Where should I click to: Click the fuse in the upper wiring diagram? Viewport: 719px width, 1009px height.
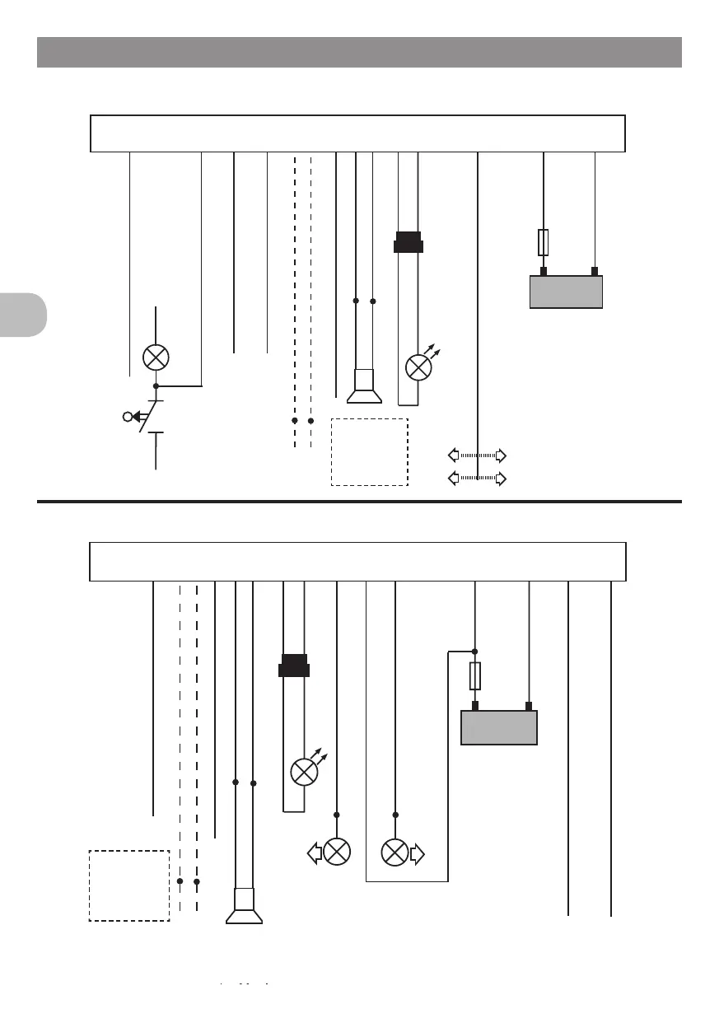pyautogui.click(x=544, y=242)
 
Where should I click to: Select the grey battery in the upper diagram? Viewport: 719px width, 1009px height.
pyautogui.click(x=566, y=292)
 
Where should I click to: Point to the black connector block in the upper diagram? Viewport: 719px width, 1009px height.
pyautogui.click(x=409, y=243)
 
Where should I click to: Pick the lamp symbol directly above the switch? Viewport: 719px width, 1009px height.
pyautogui.click(x=156, y=357)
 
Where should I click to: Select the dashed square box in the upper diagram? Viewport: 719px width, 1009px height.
pyautogui.click(x=370, y=451)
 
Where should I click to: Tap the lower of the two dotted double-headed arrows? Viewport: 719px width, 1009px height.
pyautogui.click(x=477, y=478)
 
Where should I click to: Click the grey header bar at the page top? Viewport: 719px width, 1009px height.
pyautogui.click(x=359, y=52)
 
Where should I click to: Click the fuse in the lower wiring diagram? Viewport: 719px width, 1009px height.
pyautogui.click(x=475, y=677)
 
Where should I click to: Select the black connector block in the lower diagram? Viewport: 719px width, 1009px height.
pyautogui.click(x=294, y=665)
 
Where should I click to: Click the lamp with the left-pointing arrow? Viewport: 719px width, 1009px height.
pyautogui.click(x=336, y=852)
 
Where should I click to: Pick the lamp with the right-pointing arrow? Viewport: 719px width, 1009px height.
pyautogui.click(x=395, y=852)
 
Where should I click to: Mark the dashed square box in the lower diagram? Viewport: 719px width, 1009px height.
pyautogui.click(x=129, y=885)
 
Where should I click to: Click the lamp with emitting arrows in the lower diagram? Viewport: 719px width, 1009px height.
pyautogui.click(x=305, y=772)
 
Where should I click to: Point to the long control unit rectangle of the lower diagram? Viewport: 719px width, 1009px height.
pyautogui.click(x=357, y=562)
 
